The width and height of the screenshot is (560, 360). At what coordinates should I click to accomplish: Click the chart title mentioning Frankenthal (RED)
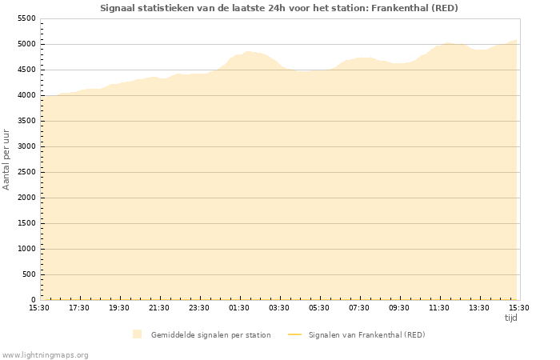(x=279, y=8)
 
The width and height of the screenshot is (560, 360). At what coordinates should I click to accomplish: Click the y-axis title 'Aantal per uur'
(x=6, y=158)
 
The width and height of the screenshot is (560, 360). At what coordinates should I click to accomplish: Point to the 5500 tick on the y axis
(x=27, y=18)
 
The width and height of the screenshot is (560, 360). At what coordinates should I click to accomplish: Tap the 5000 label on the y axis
(x=27, y=44)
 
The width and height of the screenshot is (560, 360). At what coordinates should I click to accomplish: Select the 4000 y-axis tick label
(x=27, y=95)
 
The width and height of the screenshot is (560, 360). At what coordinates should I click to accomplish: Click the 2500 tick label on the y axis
(x=27, y=172)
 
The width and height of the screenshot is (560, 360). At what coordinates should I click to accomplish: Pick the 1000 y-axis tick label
(x=27, y=249)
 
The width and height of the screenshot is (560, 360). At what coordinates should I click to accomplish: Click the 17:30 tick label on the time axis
(x=79, y=307)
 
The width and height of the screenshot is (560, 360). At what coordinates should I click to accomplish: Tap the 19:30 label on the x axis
(x=119, y=307)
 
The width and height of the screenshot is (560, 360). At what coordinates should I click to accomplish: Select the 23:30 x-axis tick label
(x=199, y=307)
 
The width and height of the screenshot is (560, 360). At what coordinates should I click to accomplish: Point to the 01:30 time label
(x=239, y=307)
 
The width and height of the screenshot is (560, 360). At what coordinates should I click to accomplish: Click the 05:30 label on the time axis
(x=319, y=307)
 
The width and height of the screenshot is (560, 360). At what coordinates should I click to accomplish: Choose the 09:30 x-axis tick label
(x=399, y=307)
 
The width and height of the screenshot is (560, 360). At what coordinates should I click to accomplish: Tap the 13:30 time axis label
(x=479, y=307)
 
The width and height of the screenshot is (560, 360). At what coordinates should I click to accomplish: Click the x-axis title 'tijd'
(x=510, y=318)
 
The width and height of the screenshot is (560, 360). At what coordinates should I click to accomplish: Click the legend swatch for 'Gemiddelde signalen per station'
(x=138, y=334)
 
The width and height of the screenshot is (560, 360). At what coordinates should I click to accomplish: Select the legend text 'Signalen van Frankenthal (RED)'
(x=366, y=334)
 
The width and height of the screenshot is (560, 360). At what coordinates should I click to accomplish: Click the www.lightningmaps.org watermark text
(x=46, y=354)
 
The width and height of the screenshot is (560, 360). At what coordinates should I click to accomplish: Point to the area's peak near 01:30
(x=248, y=51)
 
